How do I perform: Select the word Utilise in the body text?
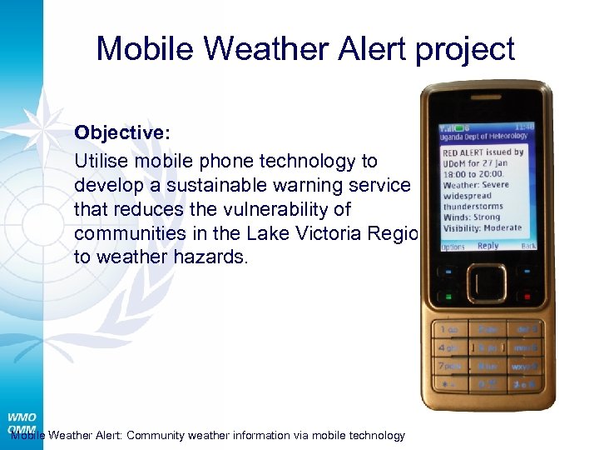pos(101,161)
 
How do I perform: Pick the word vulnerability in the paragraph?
pos(297,209)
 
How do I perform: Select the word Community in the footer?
pos(162,435)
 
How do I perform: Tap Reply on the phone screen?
pos(488,246)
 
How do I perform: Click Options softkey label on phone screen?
pos(453,247)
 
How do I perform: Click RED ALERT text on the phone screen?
pos(463,153)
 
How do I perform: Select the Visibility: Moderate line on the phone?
pos(483,227)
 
